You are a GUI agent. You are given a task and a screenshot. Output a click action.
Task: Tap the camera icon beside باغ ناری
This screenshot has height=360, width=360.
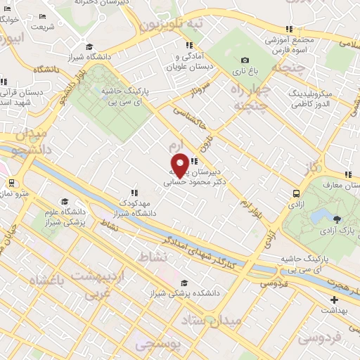pos(245,60)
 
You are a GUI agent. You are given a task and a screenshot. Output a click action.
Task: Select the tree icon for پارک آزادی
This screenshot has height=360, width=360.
pos(339,219)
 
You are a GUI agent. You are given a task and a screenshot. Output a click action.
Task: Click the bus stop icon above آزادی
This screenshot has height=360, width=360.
pos(295,193)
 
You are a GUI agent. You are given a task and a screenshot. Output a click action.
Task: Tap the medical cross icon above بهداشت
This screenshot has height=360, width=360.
pos(335,300)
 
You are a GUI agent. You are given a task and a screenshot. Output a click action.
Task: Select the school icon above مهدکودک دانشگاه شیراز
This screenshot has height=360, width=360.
pos(133,192)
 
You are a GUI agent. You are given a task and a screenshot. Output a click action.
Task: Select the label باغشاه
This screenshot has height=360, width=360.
pos(49,280)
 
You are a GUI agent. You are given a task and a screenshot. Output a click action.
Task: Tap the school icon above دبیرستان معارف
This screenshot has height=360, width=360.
pos(347,175)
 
